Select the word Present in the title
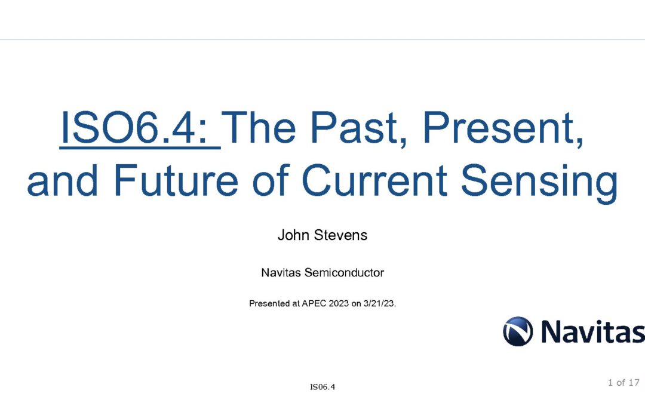503,128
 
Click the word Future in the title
176,180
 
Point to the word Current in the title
374,180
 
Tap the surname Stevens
340,235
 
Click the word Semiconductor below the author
344,273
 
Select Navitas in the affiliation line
281,273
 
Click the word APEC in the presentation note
314,303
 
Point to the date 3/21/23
380,303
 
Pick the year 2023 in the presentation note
339,303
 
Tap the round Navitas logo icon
518,331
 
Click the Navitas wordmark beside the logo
593,331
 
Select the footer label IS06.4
322,387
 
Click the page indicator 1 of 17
623,383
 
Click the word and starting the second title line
63,180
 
